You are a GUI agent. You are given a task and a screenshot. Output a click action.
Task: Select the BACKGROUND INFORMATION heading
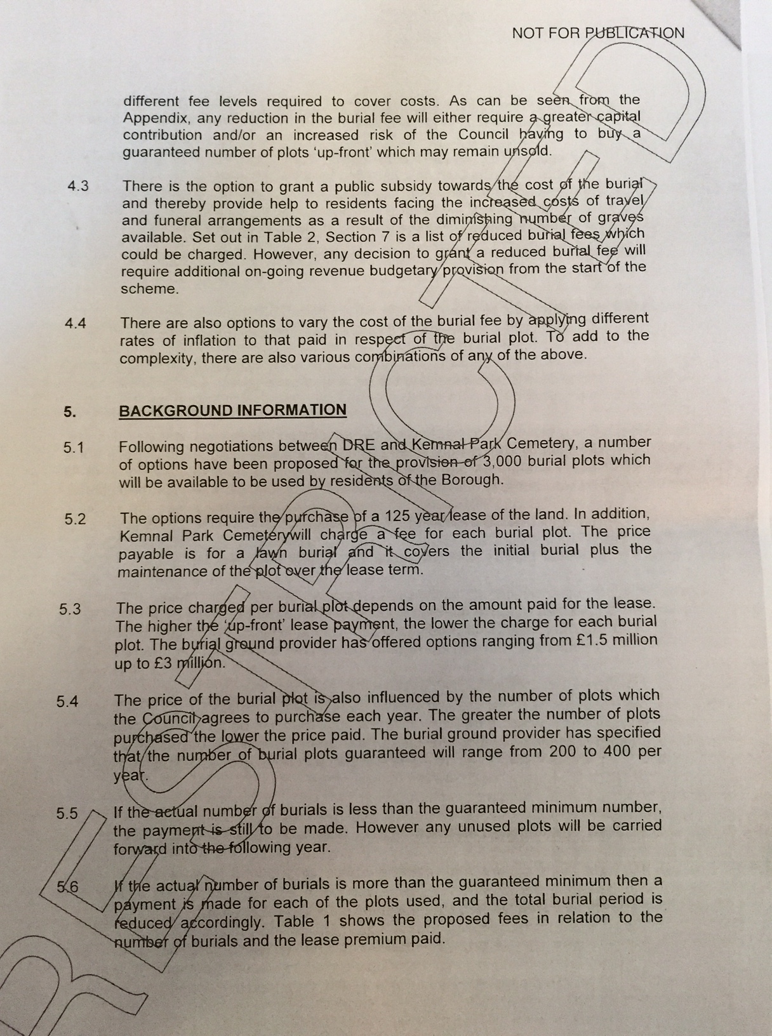pos(232,410)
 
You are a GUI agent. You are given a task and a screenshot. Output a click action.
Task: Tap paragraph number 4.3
pos(77,186)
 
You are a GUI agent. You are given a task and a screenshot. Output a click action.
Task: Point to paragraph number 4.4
pos(76,323)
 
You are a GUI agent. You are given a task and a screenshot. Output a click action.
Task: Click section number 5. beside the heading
pos(70,411)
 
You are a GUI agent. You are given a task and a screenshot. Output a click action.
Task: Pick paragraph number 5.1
pos(74,448)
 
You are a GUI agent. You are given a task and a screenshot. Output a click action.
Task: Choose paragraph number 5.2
pos(75,519)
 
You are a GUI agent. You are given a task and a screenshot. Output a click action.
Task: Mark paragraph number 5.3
pos(70,609)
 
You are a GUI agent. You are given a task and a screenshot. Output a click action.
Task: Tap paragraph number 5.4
pos(67,701)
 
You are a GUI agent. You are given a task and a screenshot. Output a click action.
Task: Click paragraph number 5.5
pos(67,813)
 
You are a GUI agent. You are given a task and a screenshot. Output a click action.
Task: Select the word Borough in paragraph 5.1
pos(470,479)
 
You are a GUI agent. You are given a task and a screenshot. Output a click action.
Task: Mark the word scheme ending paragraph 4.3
pos(148,289)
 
